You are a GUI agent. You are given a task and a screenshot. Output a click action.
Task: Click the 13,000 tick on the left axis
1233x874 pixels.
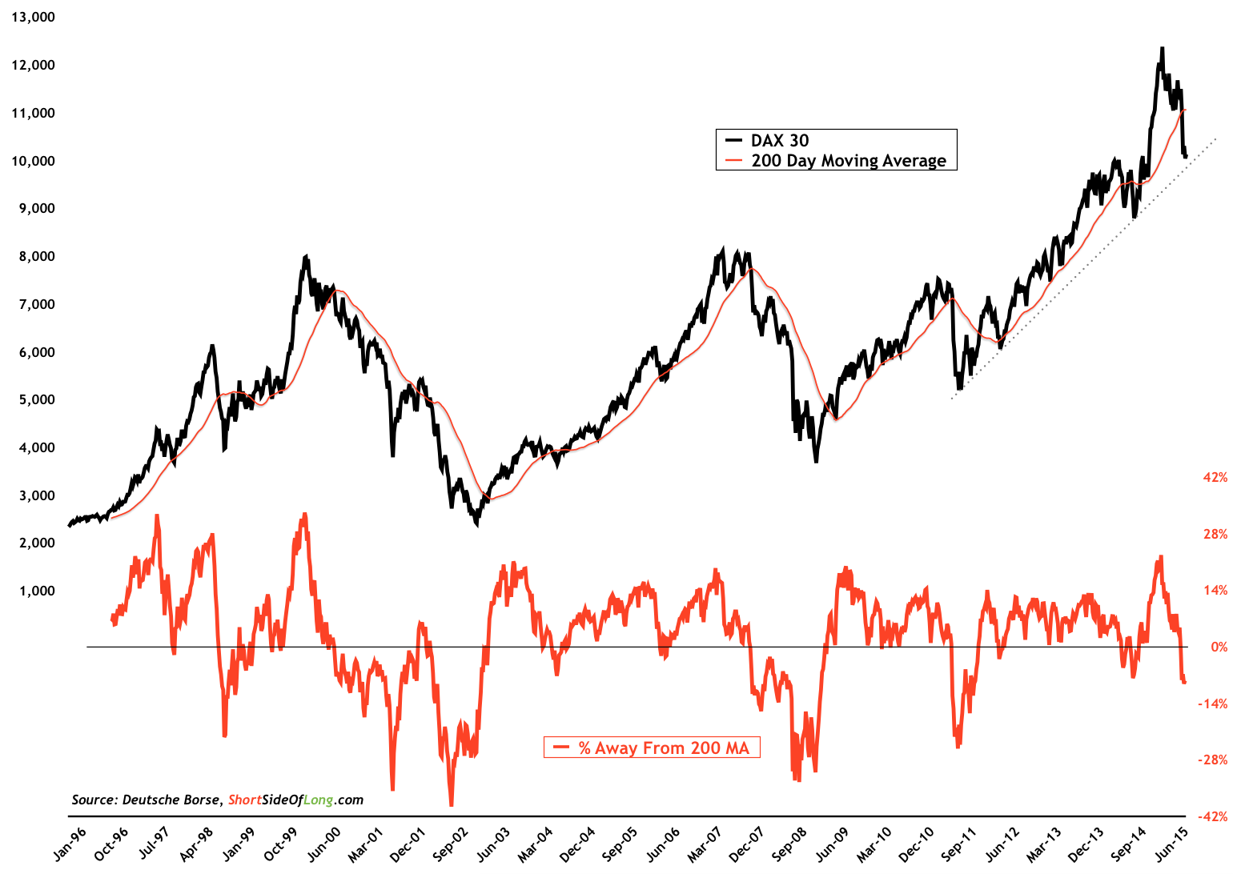[x=33, y=17]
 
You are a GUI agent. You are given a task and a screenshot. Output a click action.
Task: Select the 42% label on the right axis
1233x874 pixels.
[x=1215, y=477]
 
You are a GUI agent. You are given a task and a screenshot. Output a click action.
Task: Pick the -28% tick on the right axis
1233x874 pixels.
[x=1212, y=760]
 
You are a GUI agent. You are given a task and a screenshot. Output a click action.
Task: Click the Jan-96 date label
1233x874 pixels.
[x=70, y=844]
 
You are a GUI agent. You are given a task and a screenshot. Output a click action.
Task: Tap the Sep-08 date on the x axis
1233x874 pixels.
[x=789, y=844]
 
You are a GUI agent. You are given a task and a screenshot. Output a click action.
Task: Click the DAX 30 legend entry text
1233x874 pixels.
[x=780, y=140]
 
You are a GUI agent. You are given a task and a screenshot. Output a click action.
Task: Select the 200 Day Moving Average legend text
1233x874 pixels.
[x=849, y=160]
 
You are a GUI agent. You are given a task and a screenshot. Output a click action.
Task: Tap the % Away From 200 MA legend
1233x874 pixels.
[x=664, y=748]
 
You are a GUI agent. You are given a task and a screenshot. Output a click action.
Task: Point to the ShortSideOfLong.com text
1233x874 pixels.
[x=295, y=800]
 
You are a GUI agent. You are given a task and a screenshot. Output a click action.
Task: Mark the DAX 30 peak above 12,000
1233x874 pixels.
[x=1161, y=49]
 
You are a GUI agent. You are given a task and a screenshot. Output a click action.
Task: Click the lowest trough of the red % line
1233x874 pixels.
[x=451, y=804]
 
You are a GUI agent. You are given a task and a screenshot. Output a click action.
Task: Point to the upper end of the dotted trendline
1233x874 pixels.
[x=1215, y=138]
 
